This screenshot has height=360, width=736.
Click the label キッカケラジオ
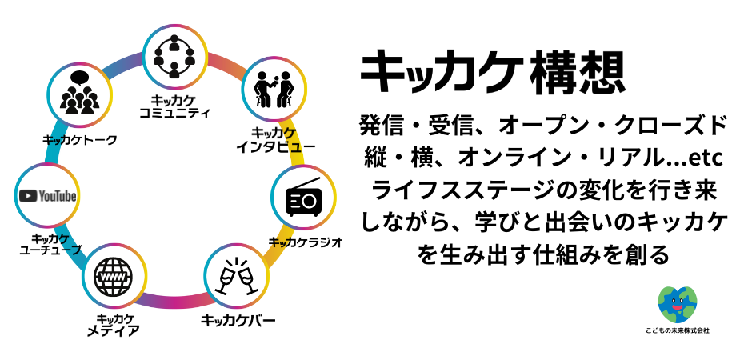click(x=306, y=241)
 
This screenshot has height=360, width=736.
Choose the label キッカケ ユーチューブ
click(x=50, y=244)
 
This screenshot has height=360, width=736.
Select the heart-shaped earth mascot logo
click(x=677, y=305)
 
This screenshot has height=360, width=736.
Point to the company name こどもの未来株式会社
click(x=677, y=330)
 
